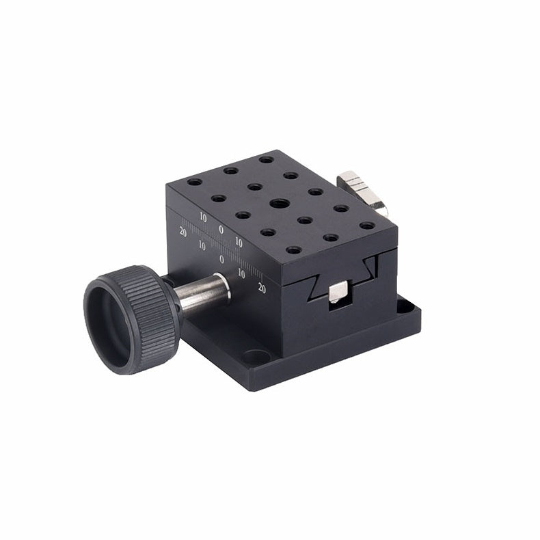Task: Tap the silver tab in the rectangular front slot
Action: point(338,291)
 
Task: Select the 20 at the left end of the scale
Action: point(183,232)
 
